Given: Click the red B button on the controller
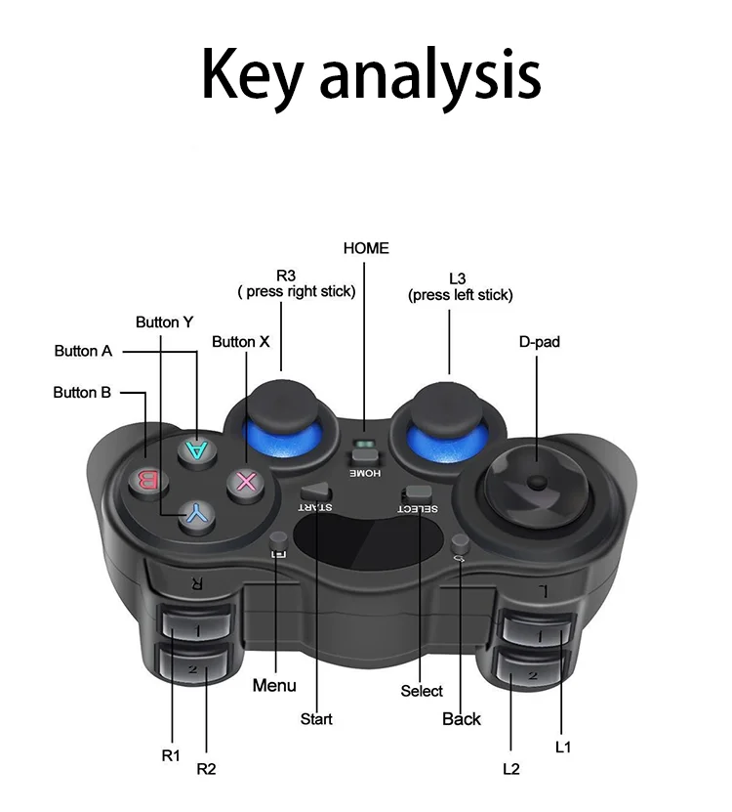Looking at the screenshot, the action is (147, 480).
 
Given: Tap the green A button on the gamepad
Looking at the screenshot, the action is (198, 449).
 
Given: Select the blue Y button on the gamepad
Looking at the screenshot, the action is (197, 511).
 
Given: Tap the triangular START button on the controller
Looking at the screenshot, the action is (315, 493).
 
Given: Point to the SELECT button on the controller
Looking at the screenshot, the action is (418, 495).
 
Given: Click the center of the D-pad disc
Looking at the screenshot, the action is (535, 483).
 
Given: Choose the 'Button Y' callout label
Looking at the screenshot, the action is (164, 321).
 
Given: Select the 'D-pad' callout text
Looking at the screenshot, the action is (539, 342).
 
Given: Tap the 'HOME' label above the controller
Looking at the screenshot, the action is (366, 248).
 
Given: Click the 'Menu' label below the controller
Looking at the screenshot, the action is (274, 685).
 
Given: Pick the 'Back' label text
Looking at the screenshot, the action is (462, 718).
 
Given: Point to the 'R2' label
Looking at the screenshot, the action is (206, 768).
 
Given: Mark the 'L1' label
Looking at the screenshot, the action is (562, 747).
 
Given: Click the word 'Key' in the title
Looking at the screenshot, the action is (252, 73).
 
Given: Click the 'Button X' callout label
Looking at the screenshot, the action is (240, 342).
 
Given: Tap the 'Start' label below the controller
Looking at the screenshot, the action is (316, 718).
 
